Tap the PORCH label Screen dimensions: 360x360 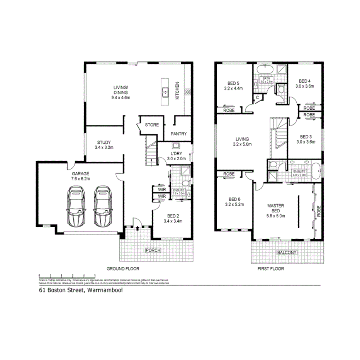click(153, 250)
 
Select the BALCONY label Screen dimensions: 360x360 click(287, 253)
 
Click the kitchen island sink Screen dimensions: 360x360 click(165, 92)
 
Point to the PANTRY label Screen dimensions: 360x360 click(178, 134)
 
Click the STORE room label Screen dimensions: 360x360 click(152, 125)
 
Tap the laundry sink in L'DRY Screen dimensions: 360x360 click(176, 146)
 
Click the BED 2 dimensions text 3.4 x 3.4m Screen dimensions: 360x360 click(173, 221)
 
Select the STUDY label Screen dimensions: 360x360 click(104, 142)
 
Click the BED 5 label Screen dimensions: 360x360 click(233, 83)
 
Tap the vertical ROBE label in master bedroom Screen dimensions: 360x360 click(319, 211)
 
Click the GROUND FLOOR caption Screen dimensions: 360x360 click(123, 268)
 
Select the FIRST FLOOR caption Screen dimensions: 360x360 click(270, 268)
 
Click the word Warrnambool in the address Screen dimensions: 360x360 click(105, 290)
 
